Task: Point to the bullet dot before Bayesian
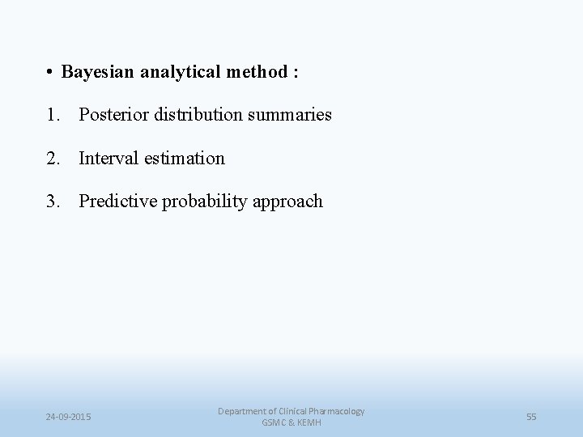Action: pos(50,73)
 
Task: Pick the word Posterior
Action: pos(111,115)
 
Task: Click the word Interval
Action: pos(107,159)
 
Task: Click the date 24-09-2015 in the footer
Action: pos(68,417)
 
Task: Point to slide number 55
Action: pos(531,417)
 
